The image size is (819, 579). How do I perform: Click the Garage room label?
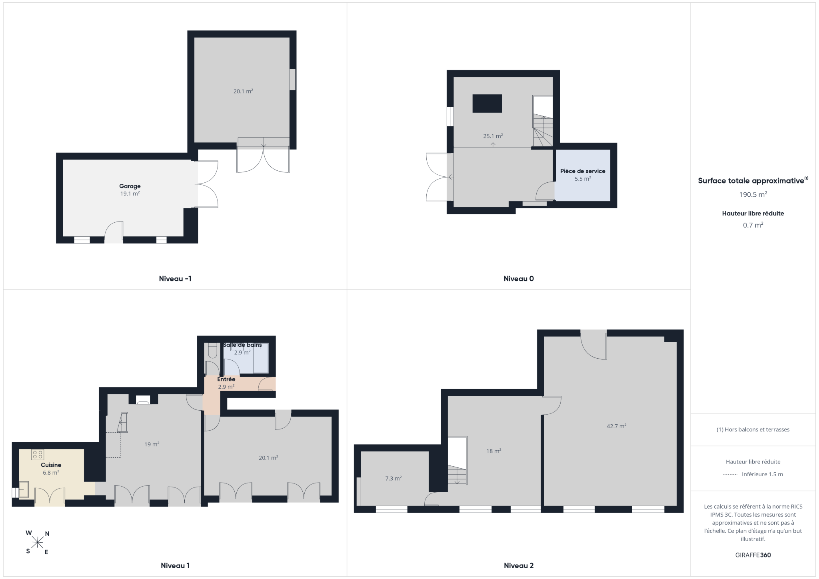pos(130,186)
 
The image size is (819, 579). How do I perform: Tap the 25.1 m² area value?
pos(493,136)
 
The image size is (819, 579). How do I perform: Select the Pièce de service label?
pos(583,171)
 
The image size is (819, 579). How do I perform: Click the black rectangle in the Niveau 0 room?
pos(487,104)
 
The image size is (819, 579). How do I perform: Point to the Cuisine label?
pos(51,465)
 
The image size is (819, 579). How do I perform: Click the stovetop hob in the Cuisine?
pos(38,455)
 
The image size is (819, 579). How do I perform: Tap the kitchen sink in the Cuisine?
pos(24,489)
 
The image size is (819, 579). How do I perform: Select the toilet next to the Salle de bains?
pos(212,350)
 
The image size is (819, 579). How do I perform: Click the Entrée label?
pos(226,379)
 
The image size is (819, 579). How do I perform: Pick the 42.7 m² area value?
pos(616,426)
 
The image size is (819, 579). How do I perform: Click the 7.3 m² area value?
pos(394,478)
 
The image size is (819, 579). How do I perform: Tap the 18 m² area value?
pos(493,451)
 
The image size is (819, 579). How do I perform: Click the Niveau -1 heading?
pos(175,279)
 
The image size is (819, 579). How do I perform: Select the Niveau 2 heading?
pos(519,565)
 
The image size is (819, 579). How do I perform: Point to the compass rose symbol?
pos(38,543)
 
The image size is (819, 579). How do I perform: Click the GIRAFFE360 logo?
pos(753,555)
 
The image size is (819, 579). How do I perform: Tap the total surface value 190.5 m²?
pos(753,195)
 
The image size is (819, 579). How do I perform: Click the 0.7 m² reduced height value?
pos(753,225)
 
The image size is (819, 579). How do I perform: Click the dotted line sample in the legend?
pos(730,475)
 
